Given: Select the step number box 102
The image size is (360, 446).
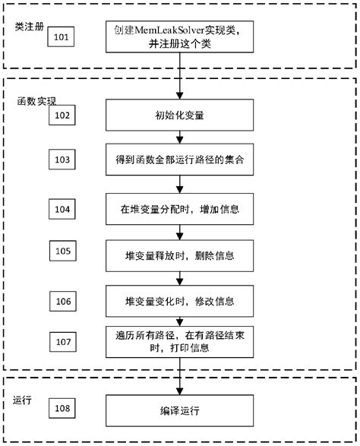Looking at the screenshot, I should (62, 115).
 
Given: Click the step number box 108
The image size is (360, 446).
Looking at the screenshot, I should (64, 409).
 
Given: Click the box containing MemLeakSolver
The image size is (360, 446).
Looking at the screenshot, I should (179, 36).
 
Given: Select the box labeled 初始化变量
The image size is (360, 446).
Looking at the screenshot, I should (179, 116).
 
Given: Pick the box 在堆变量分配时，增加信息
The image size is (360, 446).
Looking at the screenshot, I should (179, 207).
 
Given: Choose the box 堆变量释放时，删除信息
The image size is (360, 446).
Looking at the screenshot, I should (179, 251).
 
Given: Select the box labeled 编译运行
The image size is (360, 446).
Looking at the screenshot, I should (179, 410).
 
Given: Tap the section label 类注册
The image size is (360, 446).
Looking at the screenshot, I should (28, 27).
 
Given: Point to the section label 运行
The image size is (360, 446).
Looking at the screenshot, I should (22, 399).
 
